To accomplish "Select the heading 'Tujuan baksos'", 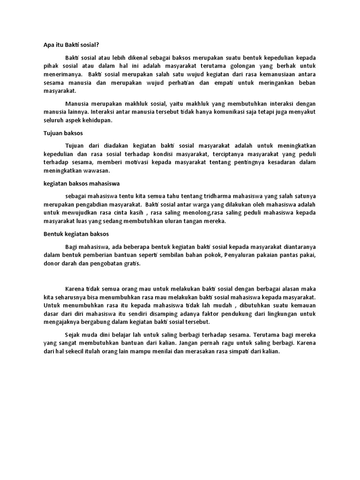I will click(57, 133).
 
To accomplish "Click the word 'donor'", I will click(46, 264).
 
